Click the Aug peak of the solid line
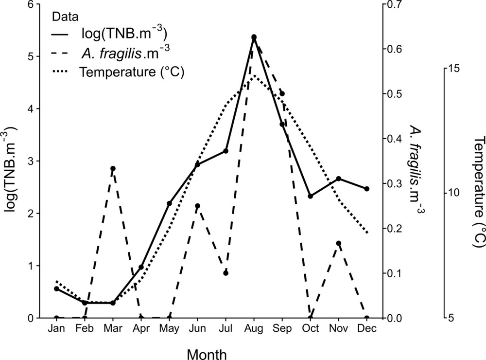(254, 37)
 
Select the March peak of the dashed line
(113, 168)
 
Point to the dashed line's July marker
(226, 273)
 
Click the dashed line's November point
(339, 243)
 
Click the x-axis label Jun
(197, 329)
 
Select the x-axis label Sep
(282, 329)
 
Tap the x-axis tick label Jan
(56, 329)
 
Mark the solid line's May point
(169, 203)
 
